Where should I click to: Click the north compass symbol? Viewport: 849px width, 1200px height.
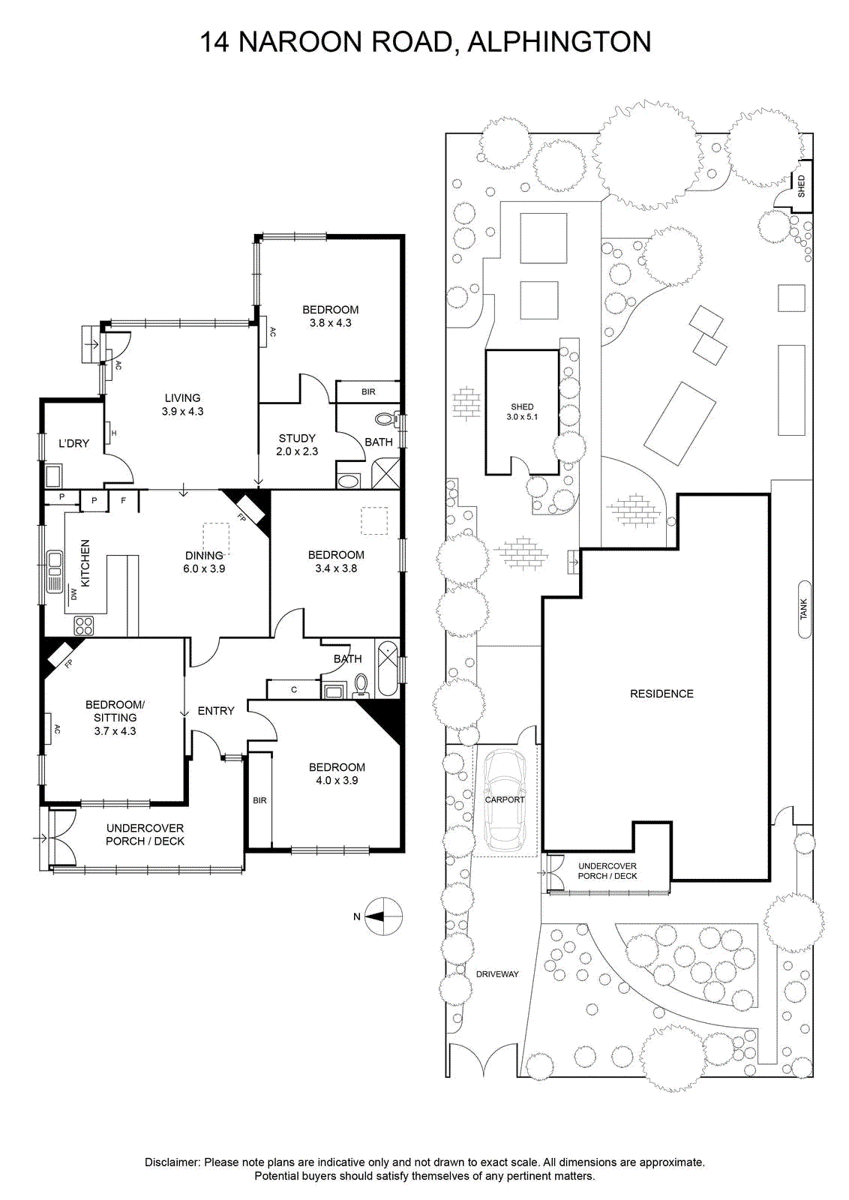(384, 916)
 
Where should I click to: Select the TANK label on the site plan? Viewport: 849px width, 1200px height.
(803, 609)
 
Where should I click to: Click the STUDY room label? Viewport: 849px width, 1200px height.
(297, 438)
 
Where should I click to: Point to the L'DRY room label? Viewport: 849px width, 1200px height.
(73, 443)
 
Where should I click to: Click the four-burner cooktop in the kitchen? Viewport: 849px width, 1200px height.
(84, 625)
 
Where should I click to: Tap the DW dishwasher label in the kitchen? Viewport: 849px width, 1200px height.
(73, 594)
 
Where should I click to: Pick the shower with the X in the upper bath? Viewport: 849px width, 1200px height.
(385, 472)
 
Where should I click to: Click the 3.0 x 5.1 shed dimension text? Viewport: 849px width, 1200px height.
(522, 416)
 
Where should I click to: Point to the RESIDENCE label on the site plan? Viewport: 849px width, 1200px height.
(661, 694)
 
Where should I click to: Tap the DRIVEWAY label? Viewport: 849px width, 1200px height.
(497, 974)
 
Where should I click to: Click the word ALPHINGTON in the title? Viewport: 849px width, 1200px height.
(559, 42)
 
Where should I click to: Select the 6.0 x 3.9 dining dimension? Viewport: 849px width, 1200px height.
(204, 568)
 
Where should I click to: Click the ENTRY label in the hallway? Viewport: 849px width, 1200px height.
(216, 710)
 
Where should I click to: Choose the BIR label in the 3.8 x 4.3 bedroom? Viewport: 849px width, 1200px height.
(368, 391)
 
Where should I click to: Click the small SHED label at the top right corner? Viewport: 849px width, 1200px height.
(801, 186)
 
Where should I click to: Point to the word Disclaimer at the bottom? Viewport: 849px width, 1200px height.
(173, 1162)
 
